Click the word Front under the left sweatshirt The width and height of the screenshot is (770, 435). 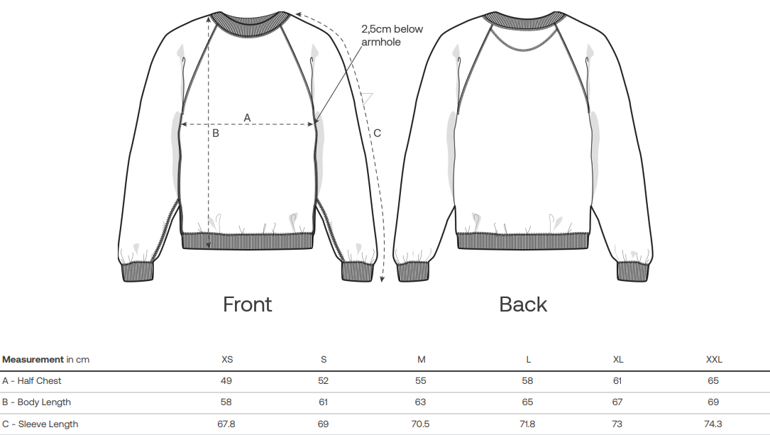pyautogui.click(x=248, y=304)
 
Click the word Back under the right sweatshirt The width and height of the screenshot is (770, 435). pyautogui.click(x=523, y=304)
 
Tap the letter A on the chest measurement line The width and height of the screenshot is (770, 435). pyautogui.click(x=248, y=116)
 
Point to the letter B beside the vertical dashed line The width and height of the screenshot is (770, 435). pyautogui.click(x=216, y=133)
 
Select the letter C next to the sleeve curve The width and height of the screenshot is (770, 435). pyautogui.click(x=378, y=133)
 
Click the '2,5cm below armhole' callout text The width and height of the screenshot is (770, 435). pyautogui.click(x=391, y=35)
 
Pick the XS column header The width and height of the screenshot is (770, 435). pyautogui.click(x=227, y=360)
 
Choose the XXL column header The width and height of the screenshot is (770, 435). pyautogui.click(x=713, y=360)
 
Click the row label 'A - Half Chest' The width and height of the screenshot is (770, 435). pyautogui.click(x=32, y=381)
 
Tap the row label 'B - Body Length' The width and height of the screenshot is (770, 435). pyautogui.click(x=36, y=402)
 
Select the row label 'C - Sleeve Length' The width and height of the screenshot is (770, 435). pyautogui.click(x=40, y=424)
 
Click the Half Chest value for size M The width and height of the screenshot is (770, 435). pyautogui.click(x=421, y=381)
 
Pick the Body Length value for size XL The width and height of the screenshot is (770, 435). pyautogui.click(x=617, y=402)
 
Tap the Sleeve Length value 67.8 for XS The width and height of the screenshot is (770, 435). pyautogui.click(x=226, y=424)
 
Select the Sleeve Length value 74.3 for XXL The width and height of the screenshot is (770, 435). pyautogui.click(x=713, y=424)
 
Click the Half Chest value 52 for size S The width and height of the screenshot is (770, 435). pyautogui.click(x=324, y=381)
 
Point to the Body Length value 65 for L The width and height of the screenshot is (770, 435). pyautogui.click(x=528, y=402)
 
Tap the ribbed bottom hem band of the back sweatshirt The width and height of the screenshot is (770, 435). pyautogui.click(x=523, y=241)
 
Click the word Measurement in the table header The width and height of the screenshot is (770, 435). pyautogui.click(x=33, y=360)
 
